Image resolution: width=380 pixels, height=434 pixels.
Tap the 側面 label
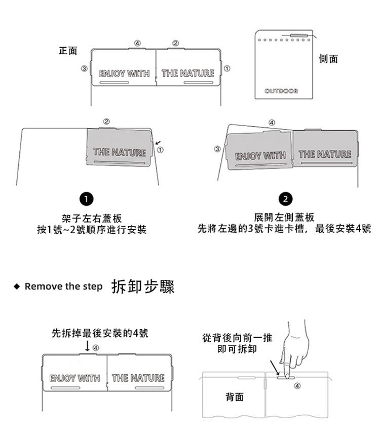[328, 59]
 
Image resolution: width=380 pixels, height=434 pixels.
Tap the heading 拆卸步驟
[142, 286]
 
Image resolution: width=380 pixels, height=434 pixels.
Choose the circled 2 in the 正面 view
[175, 43]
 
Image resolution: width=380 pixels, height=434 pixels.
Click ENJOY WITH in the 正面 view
[124, 74]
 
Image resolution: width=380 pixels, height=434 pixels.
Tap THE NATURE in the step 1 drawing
[120, 152]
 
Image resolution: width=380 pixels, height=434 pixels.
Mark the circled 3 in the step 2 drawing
[217, 149]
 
